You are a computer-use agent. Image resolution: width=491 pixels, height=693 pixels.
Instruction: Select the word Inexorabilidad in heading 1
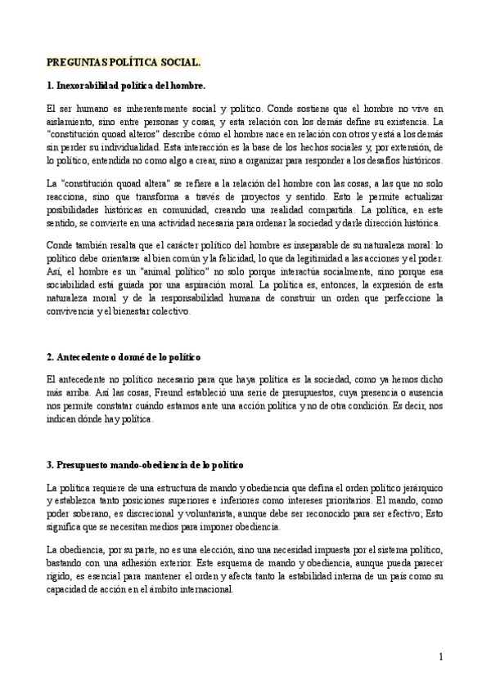click(x=92, y=85)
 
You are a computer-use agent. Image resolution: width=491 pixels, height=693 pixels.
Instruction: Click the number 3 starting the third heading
click(x=50, y=464)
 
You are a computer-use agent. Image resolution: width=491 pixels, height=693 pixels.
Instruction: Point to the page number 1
click(x=440, y=656)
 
